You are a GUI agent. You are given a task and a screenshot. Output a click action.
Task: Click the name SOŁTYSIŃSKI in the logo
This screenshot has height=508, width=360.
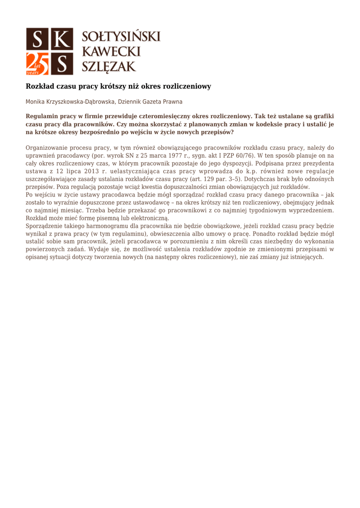(x=121, y=37)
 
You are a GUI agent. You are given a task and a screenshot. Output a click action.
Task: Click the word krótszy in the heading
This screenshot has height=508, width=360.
(x=116, y=86)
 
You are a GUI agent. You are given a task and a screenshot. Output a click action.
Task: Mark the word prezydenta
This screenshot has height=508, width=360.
(x=317, y=163)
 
